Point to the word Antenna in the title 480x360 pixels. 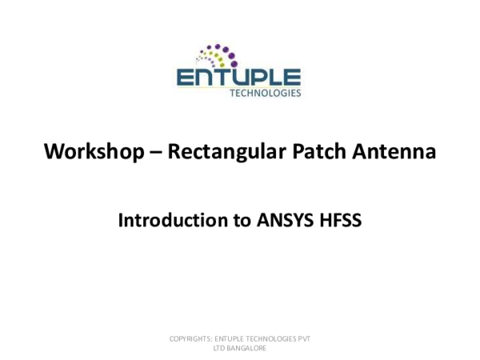point(396,150)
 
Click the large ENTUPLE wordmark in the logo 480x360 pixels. point(238,78)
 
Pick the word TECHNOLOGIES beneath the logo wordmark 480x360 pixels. point(265,93)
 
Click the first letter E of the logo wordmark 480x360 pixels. point(184,78)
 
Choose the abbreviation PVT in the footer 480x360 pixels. point(305,339)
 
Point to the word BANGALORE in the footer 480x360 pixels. point(247,348)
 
